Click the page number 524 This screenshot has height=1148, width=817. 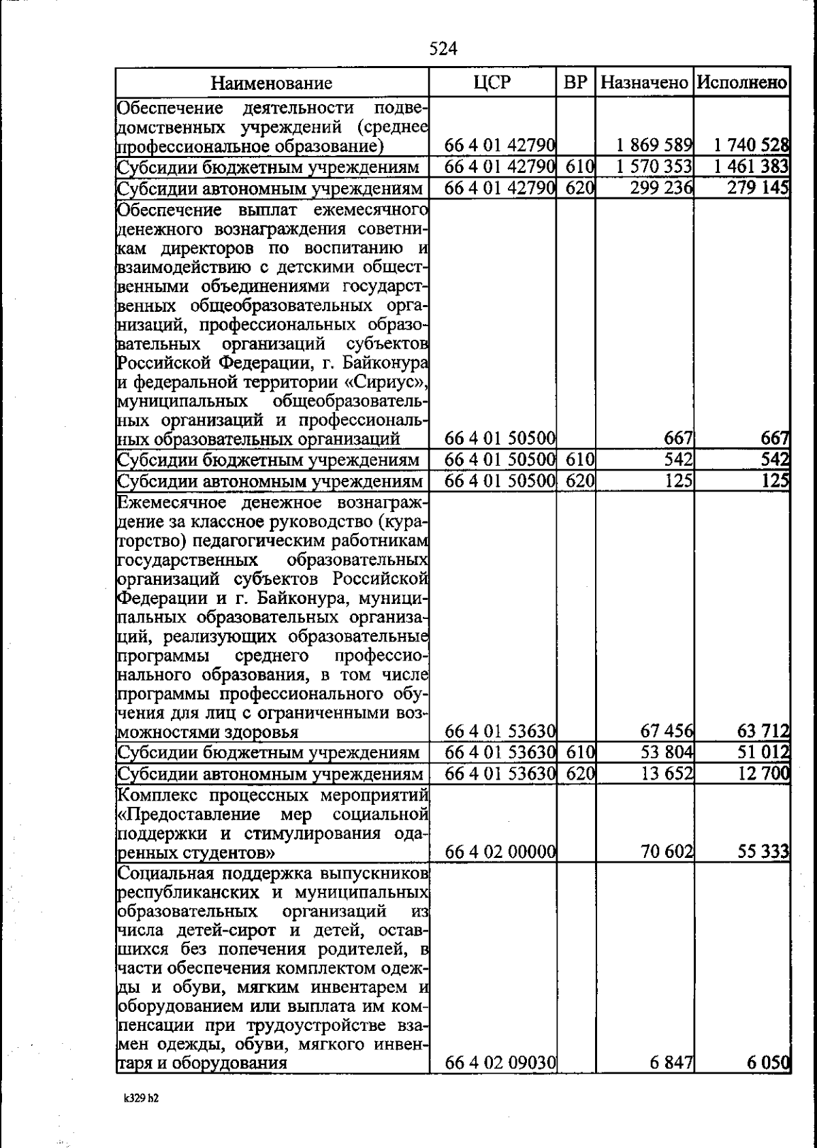(x=443, y=48)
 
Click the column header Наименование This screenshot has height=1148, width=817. (x=272, y=83)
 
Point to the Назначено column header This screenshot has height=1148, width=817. (x=645, y=83)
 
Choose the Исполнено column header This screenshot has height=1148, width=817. (x=742, y=83)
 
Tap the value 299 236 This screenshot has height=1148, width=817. (x=661, y=187)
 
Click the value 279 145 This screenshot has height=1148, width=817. (x=758, y=187)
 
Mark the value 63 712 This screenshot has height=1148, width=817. (x=763, y=731)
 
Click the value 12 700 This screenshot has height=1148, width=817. (x=763, y=774)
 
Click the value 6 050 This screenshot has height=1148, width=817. (x=768, y=1062)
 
